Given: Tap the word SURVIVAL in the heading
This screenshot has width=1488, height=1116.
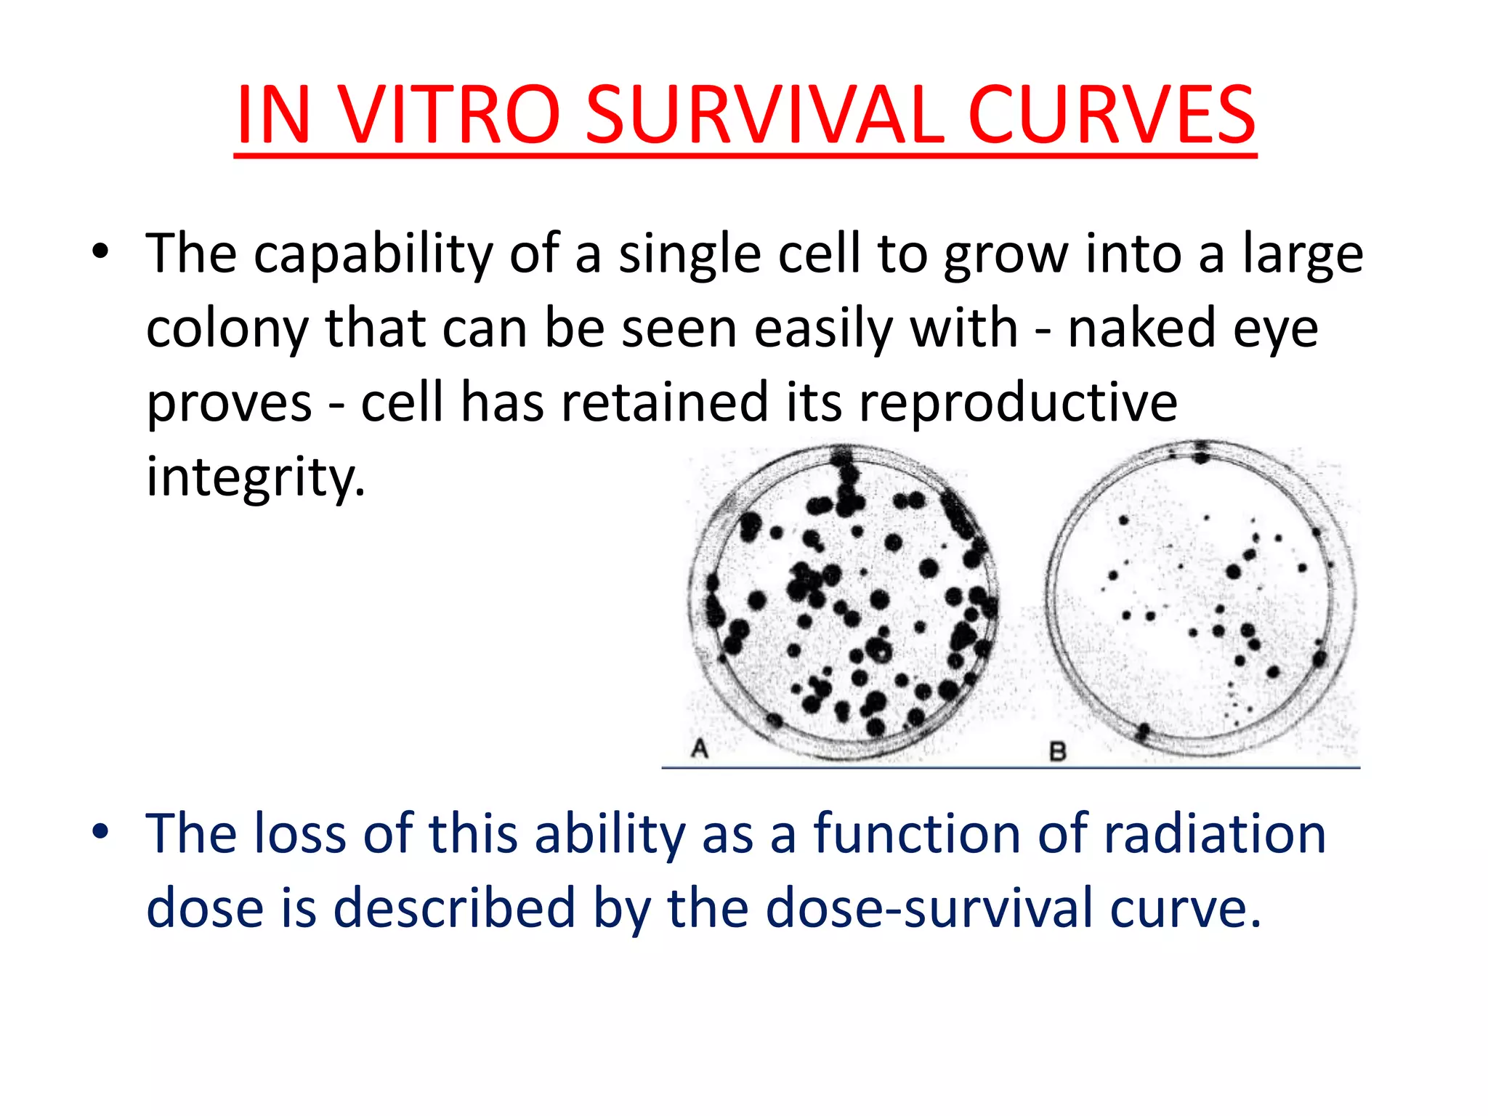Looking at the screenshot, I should coord(765,115).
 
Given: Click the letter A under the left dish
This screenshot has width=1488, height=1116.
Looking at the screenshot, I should coord(699,748).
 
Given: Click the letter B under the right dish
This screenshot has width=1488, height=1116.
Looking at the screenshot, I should coord(1058,751).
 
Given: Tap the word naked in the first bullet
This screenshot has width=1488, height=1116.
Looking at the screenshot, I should coord(1141,328).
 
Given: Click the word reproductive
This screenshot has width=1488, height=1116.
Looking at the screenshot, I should coord(1018,403).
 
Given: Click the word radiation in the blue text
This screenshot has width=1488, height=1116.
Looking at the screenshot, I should coord(1214,833).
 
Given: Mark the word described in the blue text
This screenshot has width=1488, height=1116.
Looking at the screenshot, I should coord(454,908).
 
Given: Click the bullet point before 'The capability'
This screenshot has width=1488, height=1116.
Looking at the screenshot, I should coord(100,252).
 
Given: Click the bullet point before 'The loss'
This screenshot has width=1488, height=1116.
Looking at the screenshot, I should coord(100,831).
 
